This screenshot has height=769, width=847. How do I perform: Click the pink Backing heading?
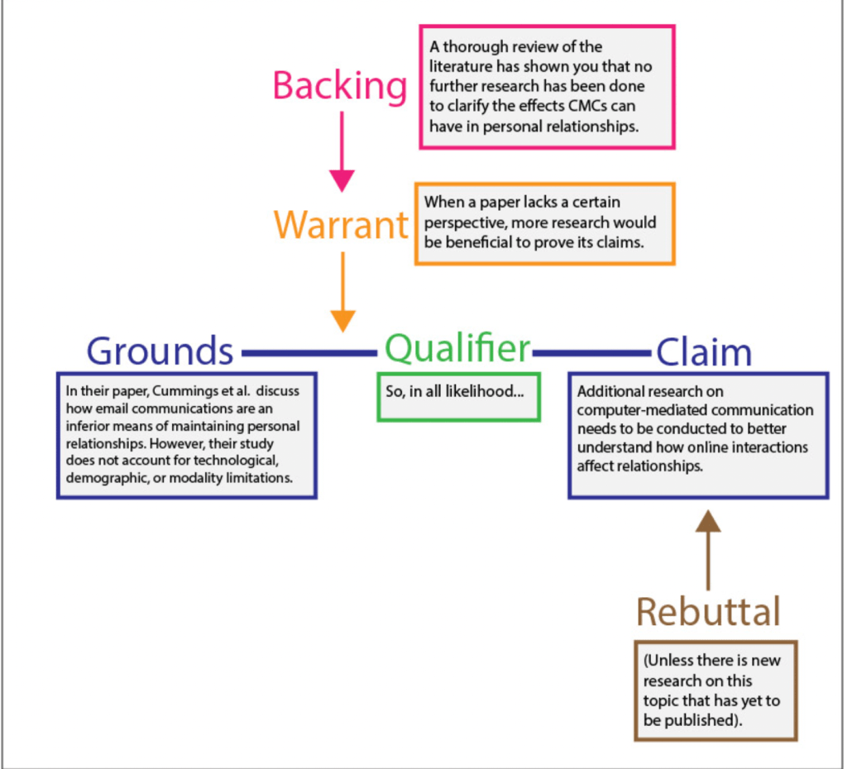[339, 86]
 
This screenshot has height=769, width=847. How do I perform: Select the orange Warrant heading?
[341, 225]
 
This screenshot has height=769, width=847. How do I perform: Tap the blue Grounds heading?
[160, 351]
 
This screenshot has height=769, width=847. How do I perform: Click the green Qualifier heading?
[457, 349]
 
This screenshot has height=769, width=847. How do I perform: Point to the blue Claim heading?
[704, 353]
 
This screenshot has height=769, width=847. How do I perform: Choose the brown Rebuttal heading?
[708, 612]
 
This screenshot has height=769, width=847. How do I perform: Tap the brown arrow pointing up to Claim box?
[708, 550]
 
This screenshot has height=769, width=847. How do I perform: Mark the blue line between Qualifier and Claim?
[591, 354]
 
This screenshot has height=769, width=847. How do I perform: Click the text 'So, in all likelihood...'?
[455, 391]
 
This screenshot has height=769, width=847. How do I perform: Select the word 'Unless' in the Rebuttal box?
[671, 661]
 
